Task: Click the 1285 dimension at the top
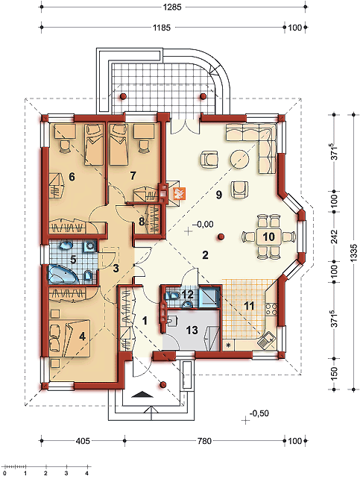(172, 7)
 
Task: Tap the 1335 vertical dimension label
(353, 252)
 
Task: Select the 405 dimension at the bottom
(83, 441)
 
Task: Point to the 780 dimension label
(204, 441)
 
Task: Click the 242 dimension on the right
(335, 236)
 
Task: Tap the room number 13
(192, 331)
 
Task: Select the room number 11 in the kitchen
(249, 306)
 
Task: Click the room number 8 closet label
(142, 222)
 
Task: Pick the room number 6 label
(72, 177)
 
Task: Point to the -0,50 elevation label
(259, 413)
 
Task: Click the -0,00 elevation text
(203, 225)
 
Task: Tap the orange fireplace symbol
(178, 193)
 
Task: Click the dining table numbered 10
(269, 237)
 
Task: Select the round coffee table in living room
(240, 159)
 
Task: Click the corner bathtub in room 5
(63, 274)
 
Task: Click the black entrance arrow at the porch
(143, 394)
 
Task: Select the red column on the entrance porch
(163, 384)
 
